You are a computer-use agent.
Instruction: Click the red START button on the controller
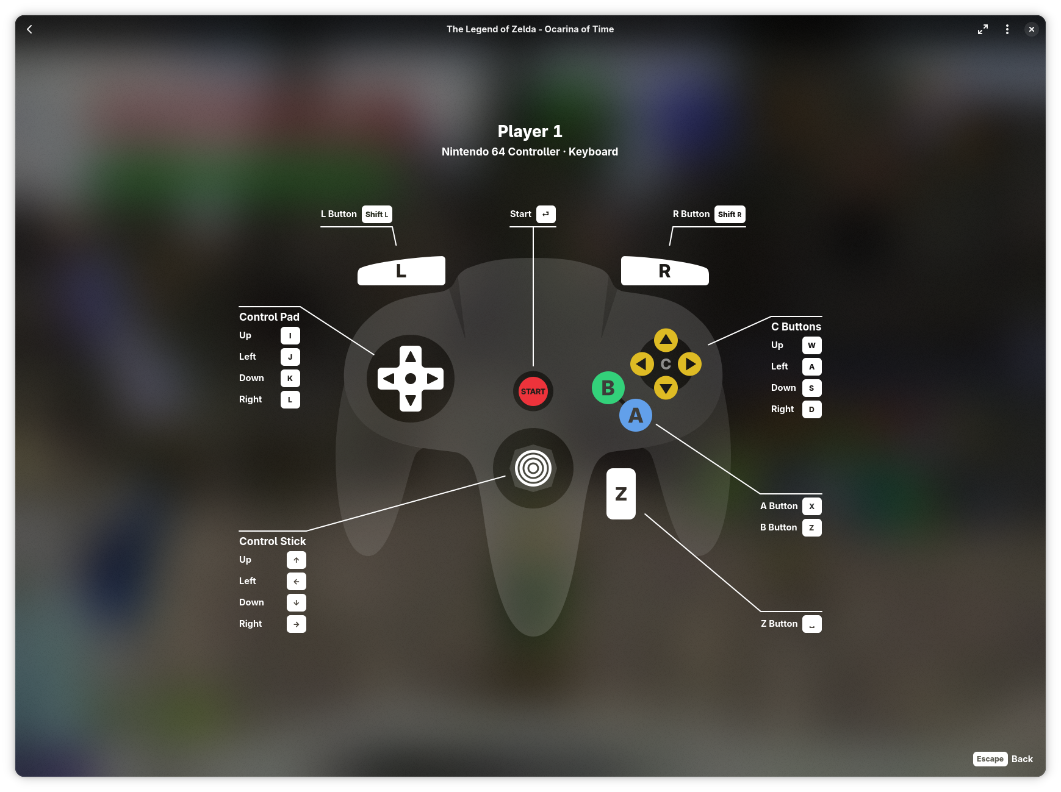point(533,391)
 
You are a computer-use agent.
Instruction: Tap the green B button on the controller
point(608,388)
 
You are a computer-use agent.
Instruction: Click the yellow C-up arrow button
point(666,340)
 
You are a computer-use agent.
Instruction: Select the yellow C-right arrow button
point(689,364)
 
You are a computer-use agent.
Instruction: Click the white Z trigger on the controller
point(621,494)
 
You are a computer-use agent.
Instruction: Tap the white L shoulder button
point(401,271)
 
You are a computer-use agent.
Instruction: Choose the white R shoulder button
point(664,271)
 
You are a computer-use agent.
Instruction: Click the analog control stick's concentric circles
point(533,468)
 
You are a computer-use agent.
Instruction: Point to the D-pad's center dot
point(411,379)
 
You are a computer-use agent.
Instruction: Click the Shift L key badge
point(377,215)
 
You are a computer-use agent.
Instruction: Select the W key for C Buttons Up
point(811,346)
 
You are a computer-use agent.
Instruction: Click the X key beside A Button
point(811,507)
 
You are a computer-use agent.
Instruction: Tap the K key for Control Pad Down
point(290,379)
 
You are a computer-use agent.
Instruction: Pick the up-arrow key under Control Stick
point(297,560)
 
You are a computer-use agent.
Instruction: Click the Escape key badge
point(990,759)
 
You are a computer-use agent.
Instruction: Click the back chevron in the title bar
point(29,29)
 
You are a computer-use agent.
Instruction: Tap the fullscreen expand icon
point(983,29)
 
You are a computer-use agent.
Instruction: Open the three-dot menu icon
point(1007,29)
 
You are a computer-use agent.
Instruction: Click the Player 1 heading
point(530,132)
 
